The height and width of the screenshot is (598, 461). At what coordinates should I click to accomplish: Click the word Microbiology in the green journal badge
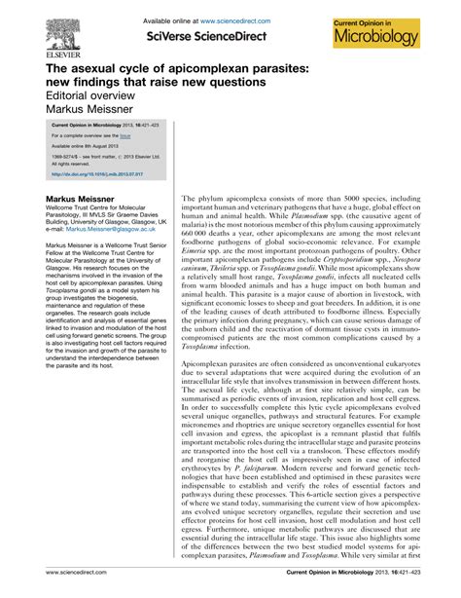pyautogui.click(x=395, y=36)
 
